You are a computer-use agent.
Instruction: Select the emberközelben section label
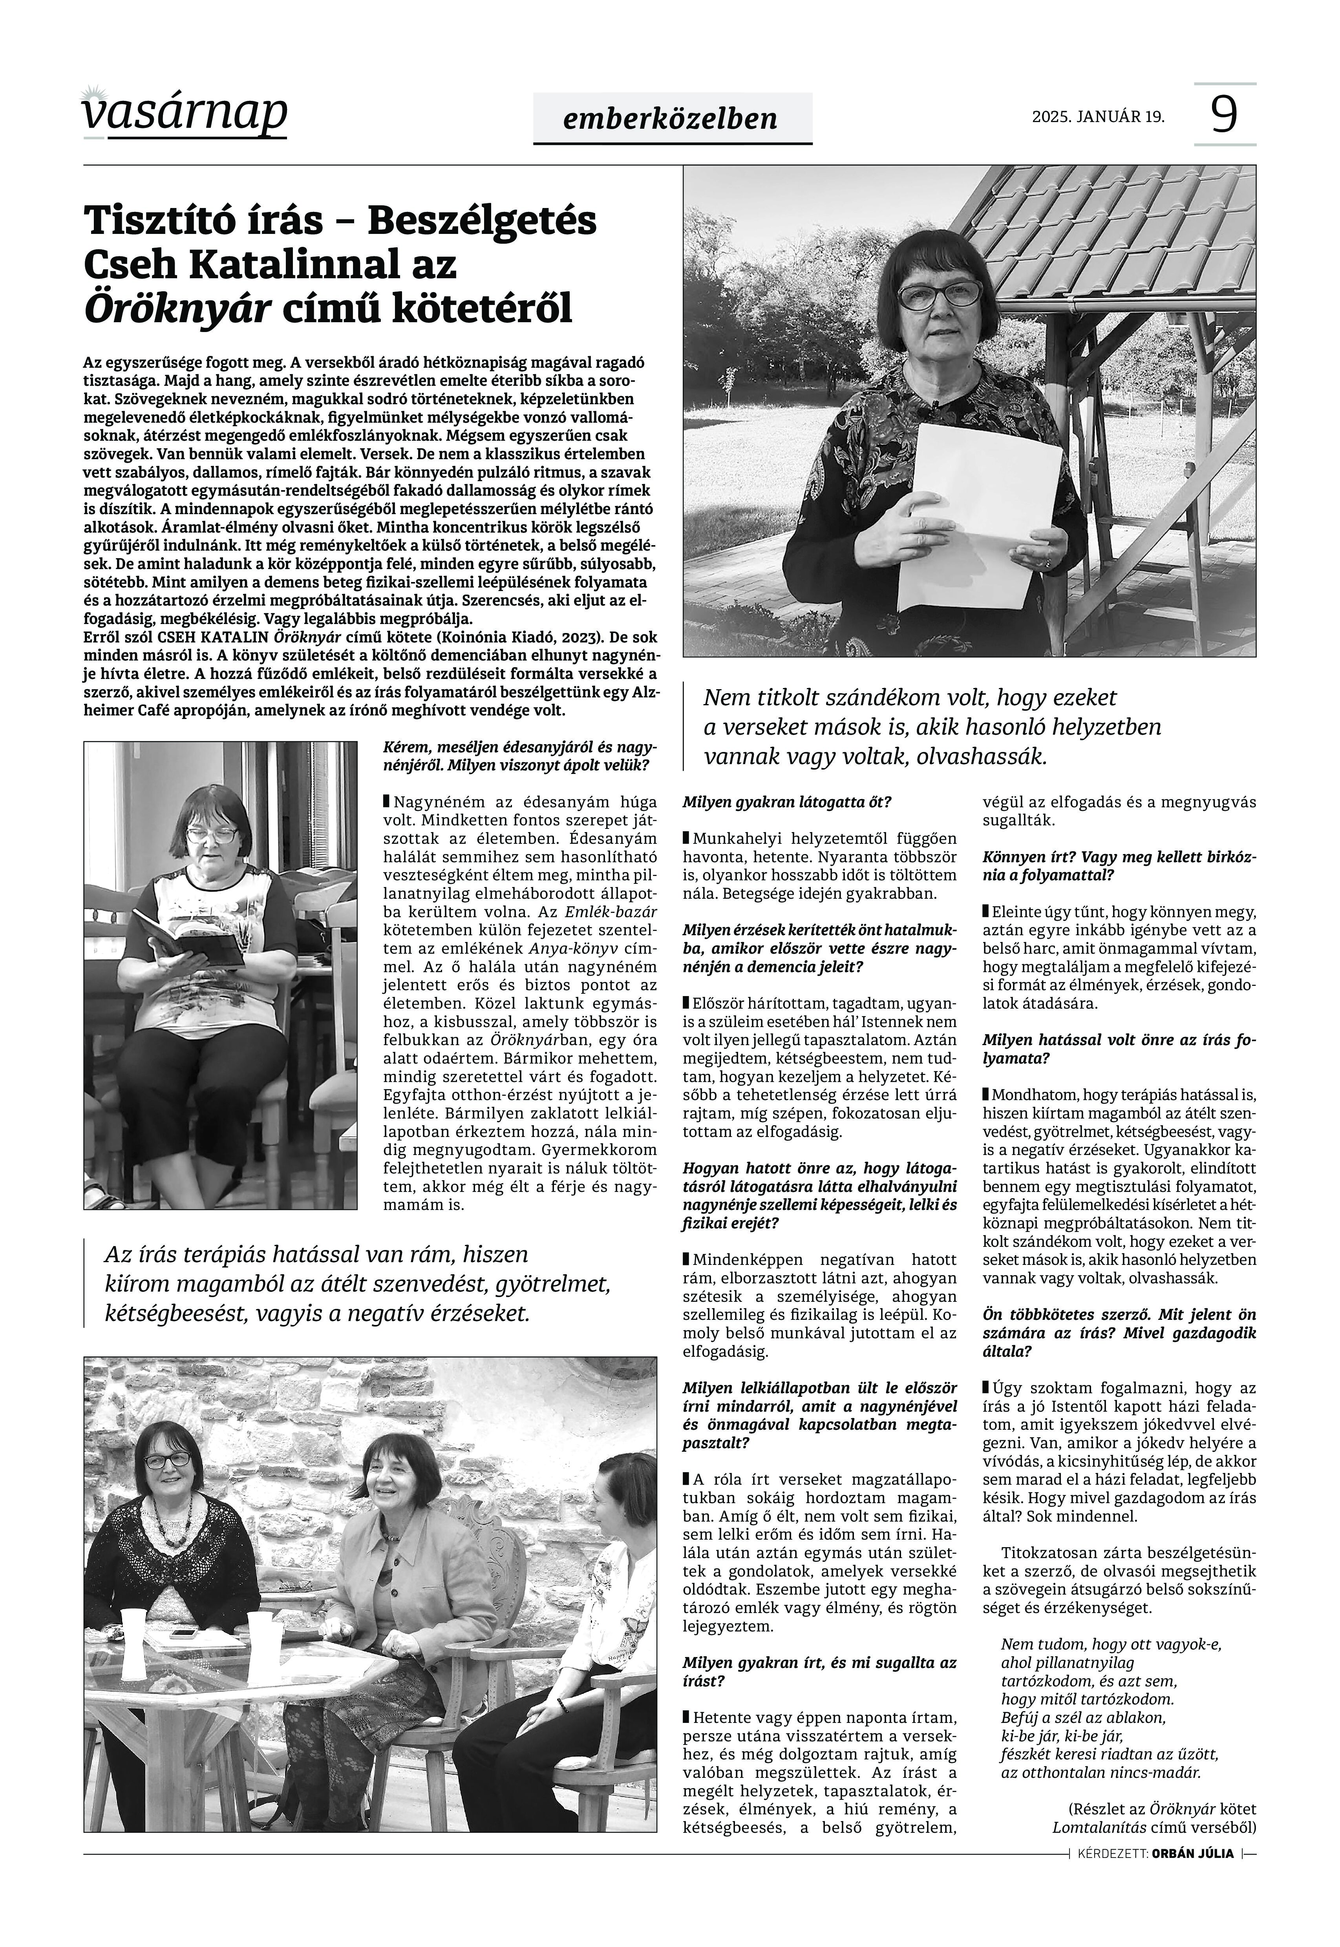pyautogui.click(x=672, y=119)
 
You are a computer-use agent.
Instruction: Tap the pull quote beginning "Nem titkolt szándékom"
pyautogui.click(x=932, y=727)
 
